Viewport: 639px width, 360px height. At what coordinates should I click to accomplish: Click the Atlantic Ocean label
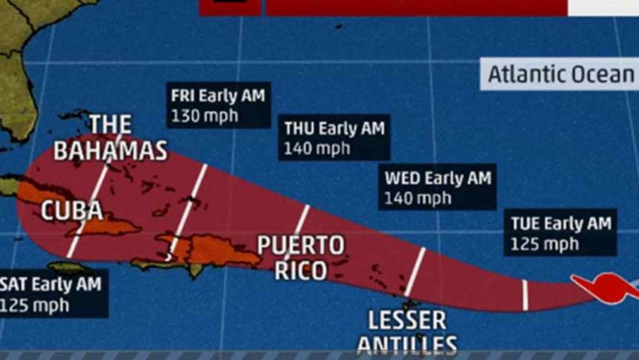point(560,74)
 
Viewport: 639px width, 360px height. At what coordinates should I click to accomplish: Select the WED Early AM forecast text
point(438,179)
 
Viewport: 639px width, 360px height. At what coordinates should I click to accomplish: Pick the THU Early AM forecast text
point(334,129)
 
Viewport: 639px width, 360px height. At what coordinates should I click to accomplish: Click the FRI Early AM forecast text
point(217,96)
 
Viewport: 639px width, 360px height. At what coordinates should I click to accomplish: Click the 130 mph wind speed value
point(204,116)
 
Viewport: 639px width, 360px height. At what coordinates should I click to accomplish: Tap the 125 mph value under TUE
point(546,244)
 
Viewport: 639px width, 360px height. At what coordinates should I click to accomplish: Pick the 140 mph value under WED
point(418,199)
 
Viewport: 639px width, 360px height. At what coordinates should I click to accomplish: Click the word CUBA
point(72,210)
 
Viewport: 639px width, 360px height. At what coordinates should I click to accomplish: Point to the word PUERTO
point(300,245)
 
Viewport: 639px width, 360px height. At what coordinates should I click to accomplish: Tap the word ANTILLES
point(407,345)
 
